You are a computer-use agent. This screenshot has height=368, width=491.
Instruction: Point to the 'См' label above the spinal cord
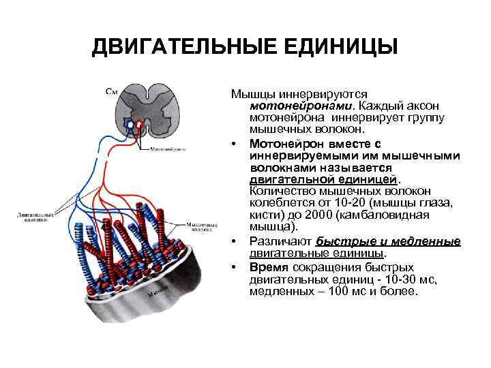pyautogui.click(x=111, y=89)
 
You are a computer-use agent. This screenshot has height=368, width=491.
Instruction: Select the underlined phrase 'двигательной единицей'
pyautogui.click(x=323, y=179)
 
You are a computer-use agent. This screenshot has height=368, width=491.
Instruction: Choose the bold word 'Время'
pyautogui.click(x=268, y=267)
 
